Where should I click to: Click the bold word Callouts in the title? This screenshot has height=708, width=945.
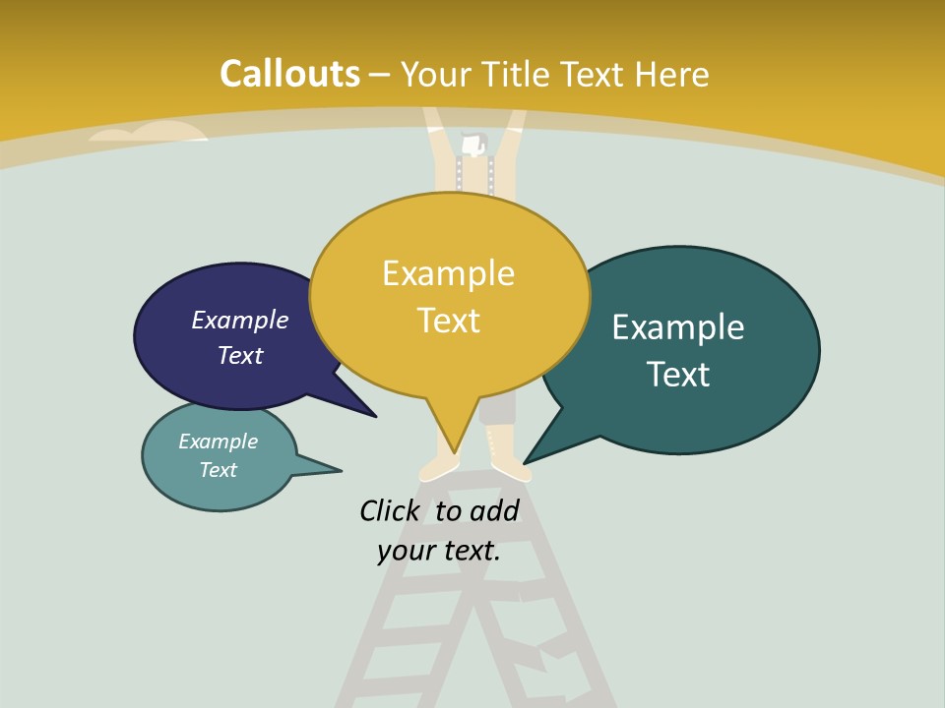289,74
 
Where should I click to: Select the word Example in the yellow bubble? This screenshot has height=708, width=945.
448,273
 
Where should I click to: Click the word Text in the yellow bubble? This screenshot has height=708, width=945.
448,321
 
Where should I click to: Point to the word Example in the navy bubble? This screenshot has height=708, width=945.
240,320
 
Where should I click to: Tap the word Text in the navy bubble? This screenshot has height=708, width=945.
240,355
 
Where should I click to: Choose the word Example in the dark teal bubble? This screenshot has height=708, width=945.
678,326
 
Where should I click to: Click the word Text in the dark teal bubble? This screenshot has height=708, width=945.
678,374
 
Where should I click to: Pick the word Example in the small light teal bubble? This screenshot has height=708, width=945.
218,442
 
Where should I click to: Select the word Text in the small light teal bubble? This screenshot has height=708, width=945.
218,470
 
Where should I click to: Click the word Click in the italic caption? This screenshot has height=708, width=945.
389,510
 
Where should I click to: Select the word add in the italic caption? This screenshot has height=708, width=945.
493,510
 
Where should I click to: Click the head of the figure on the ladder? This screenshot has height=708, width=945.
474,144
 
